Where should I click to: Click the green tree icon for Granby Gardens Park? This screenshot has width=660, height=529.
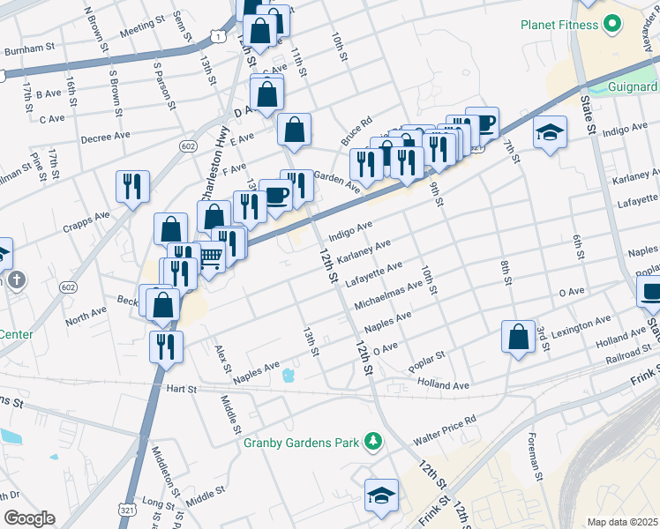pos(374,440)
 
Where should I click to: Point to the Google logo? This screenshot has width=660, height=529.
pos(29,518)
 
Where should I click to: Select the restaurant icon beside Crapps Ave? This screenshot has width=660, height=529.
pos(132,186)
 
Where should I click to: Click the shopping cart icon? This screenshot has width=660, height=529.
pos(210,257)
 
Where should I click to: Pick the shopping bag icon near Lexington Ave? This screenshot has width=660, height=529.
pos(518,336)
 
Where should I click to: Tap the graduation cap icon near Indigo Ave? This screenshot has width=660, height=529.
pos(550,132)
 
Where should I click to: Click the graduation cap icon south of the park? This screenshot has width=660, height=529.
pos(381,495)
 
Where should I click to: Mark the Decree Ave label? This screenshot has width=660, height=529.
pos(104,138)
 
